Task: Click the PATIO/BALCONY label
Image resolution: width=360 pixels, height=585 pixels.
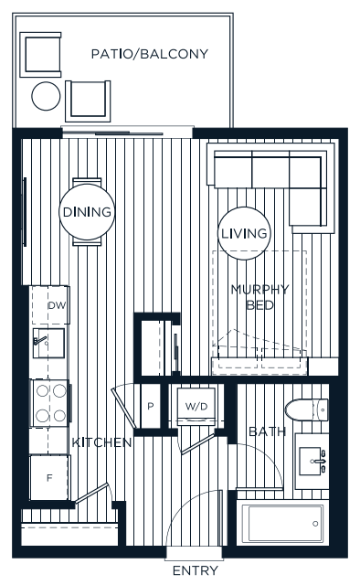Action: (x=150, y=54)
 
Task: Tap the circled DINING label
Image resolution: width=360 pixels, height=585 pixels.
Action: (x=87, y=212)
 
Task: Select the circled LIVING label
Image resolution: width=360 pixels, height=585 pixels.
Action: (x=244, y=233)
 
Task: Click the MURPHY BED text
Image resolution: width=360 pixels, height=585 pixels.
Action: (x=259, y=297)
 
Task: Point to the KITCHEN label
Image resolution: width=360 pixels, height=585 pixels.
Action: (x=102, y=442)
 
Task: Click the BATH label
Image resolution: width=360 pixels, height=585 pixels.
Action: (x=266, y=431)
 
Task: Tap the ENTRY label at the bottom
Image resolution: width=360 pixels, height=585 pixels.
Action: (x=195, y=571)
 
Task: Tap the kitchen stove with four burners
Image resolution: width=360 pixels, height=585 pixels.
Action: (x=51, y=402)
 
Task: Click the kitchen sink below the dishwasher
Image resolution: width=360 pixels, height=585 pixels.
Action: (x=48, y=344)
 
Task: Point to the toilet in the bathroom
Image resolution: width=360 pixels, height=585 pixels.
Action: (x=305, y=409)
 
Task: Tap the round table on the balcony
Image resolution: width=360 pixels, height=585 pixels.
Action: (x=46, y=95)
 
